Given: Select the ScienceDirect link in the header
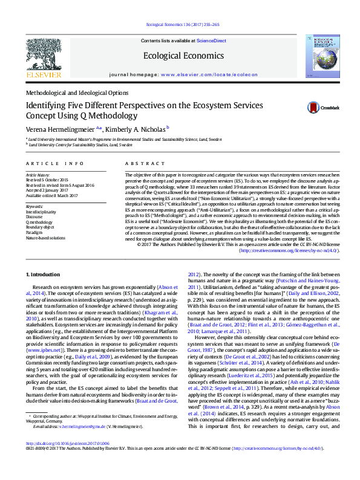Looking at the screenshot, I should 212,41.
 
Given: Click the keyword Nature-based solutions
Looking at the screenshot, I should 45,238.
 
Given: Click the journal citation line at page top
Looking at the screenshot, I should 180,25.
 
